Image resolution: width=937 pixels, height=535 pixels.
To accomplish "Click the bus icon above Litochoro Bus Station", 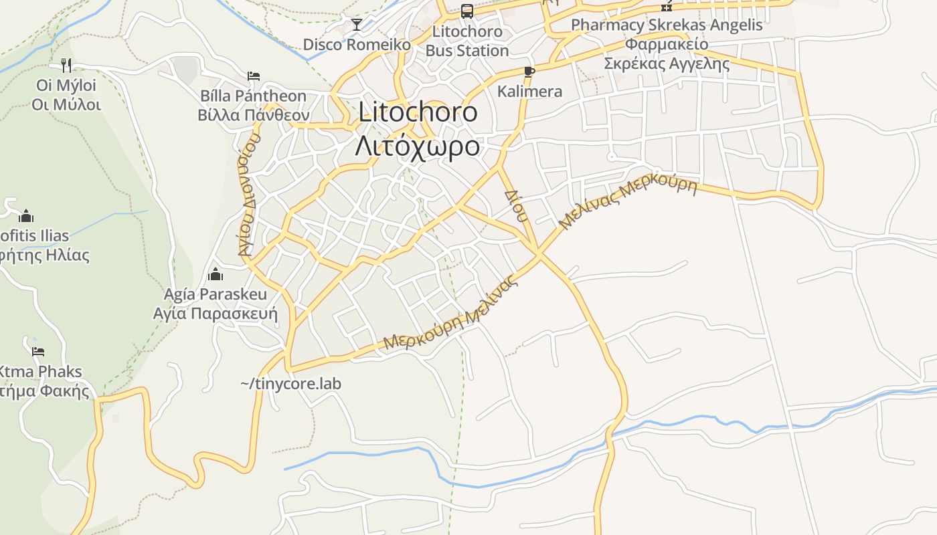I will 466,11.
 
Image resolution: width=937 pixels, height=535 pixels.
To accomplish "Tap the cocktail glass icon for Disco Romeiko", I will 357,25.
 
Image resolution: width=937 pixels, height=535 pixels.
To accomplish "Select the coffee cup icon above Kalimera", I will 529,72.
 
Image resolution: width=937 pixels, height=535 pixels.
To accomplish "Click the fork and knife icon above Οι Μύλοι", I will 66,65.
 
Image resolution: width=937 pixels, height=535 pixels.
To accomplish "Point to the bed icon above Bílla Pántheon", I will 253,76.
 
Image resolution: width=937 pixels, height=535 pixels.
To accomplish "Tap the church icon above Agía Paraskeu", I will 216,274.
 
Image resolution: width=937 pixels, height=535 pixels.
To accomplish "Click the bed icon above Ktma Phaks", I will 38,351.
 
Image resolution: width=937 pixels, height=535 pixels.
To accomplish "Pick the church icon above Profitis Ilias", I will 26,216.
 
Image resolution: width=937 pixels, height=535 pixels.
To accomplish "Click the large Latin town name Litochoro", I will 418,112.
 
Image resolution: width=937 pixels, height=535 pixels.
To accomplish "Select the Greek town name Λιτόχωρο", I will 418,146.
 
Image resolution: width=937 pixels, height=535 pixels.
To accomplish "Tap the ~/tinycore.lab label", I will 290,384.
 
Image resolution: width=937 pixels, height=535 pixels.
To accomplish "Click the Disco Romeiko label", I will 357,45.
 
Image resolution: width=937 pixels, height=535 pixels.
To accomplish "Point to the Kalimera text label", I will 529,92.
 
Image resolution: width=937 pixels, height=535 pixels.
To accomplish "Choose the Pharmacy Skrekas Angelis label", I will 667,25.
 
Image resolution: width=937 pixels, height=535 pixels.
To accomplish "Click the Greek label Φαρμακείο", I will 667,45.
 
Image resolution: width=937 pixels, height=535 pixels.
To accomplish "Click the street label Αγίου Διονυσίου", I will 248,195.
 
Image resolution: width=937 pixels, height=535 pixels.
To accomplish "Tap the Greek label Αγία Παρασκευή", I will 216,314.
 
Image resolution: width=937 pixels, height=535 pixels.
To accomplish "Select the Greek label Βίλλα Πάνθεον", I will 253,115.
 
